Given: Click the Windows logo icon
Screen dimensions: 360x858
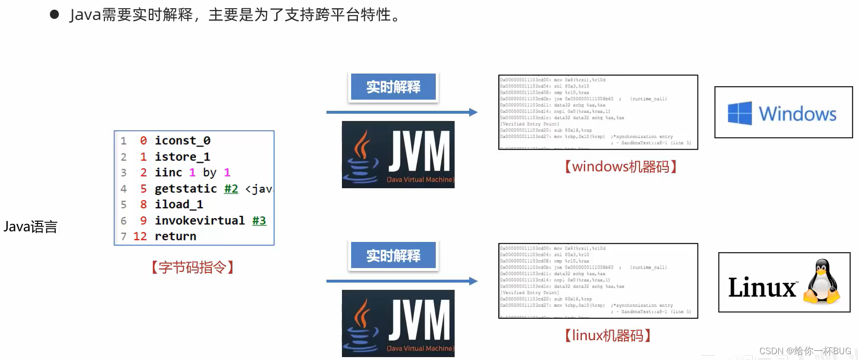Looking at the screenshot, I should (x=740, y=113).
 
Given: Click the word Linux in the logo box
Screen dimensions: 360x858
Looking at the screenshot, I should (x=762, y=287).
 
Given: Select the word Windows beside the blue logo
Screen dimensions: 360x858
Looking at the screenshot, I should (x=797, y=114).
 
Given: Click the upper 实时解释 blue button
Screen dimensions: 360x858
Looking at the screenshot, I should (x=393, y=87).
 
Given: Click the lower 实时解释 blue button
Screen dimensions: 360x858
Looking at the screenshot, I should (x=393, y=255).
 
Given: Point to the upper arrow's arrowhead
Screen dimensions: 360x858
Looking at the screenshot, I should (x=473, y=112).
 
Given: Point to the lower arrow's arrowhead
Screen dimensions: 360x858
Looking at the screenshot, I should (x=473, y=281).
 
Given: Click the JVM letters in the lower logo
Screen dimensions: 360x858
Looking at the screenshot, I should (x=419, y=319).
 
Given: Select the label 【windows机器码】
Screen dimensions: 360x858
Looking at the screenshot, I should (x=621, y=167).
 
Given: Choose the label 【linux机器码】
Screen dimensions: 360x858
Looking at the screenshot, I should (x=607, y=335).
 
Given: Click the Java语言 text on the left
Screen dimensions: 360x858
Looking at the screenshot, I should (x=30, y=226).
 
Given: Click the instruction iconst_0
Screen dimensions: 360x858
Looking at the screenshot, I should (x=182, y=140).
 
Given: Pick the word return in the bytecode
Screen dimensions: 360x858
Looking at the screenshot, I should (x=175, y=236).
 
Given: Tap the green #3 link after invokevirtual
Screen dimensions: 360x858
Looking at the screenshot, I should (x=259, y=221).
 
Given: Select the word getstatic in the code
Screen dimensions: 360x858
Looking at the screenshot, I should (x=186, y=189).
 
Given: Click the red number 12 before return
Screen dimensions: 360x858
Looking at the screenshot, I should (x=140, y=236).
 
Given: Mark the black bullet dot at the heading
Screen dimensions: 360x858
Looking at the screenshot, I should (x=54, y=15).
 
